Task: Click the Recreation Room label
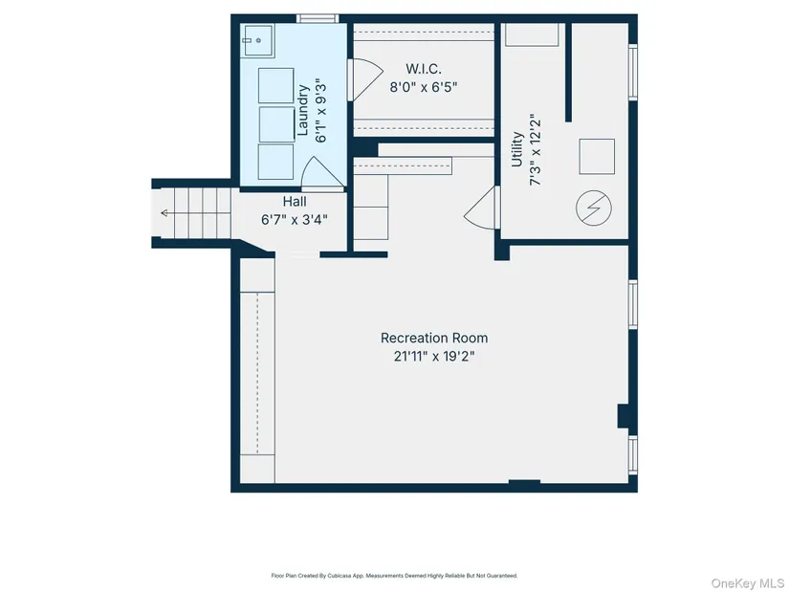pos(434,338)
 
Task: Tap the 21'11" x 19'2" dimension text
pos(434,357)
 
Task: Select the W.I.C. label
pos(424,69)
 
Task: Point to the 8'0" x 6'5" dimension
pos(424,87)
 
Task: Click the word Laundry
pos(303,110)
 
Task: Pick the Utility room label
pos(516,149)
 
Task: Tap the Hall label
pos(295,202)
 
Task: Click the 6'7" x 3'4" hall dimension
pos(295,219)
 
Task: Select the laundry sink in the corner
pos(257,40)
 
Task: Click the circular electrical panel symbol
pos(594,208)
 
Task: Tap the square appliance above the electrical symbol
pos(597,157)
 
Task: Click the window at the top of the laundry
pos(318,18)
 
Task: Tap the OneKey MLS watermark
pos(748,583)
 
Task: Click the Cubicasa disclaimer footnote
pos(394,576)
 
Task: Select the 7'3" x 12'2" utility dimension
pos(536,149)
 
